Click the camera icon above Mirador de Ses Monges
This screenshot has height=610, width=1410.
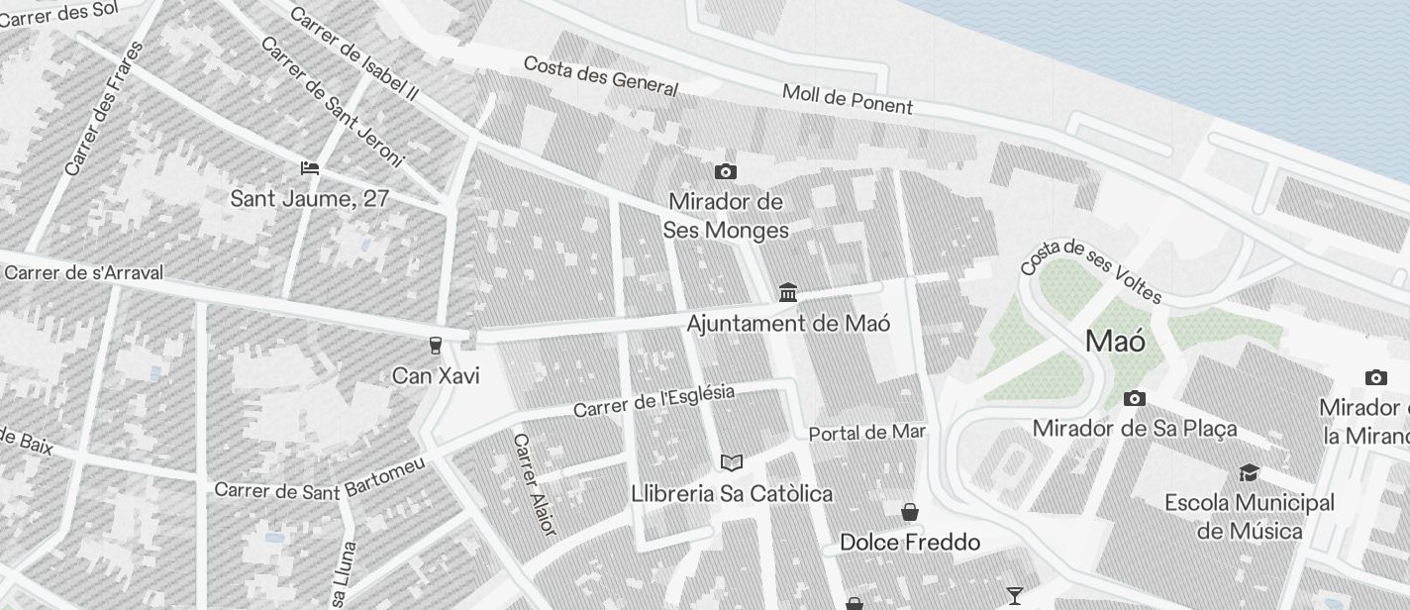(726, 171)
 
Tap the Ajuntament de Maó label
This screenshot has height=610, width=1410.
(788, 324)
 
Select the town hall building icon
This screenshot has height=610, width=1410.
(788, 292)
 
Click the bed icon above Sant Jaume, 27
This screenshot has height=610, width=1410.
(310, 167)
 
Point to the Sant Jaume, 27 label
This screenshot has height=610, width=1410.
(310, 198)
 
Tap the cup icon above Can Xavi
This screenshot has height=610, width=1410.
(435, 346)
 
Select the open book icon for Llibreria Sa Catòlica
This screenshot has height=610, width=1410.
(732, 462)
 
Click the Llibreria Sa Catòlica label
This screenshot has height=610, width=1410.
(732, 493)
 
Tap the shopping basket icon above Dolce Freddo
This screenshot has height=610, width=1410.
(910, 512)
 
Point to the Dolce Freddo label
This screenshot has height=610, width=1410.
(910, 542)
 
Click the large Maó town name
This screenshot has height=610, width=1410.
(1116, 342)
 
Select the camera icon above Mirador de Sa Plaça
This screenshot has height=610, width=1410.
(1135, 398)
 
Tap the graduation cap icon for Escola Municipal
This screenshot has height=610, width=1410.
(1249, 472)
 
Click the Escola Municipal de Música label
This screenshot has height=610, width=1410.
(1250, 517)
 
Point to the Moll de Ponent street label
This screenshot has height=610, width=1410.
(848, 99)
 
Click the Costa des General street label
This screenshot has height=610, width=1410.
(600, 76)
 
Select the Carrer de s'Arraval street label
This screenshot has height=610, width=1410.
(83, 272)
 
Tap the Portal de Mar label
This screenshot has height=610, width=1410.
(867, 433)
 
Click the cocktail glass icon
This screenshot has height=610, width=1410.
(1015, 595)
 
